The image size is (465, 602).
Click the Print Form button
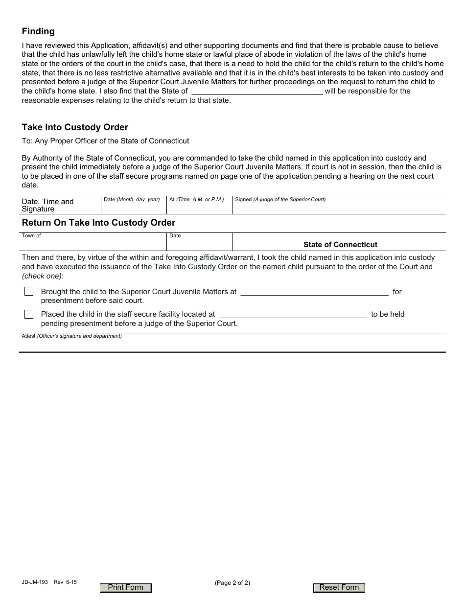coord(126,588)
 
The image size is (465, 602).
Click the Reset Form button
coord(339,588)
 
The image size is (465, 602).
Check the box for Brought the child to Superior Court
coord(29,292)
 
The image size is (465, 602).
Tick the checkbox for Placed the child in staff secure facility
coord(29,314)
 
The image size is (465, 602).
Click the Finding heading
coord(38,31)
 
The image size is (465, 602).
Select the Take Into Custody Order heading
coord(75,127)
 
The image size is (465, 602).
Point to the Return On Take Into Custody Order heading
coord(98,223)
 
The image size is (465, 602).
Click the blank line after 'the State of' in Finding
coord(257,91)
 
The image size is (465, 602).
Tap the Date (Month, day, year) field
coord(134,208)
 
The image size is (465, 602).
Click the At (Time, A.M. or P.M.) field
coord(199,208)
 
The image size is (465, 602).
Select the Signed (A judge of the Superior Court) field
coord(339,208)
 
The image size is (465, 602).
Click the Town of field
coord(93,244)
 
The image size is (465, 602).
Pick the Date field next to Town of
coord(199,244)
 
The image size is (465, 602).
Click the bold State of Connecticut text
coord(340,245)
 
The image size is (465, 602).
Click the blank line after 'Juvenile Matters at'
coord(315,292)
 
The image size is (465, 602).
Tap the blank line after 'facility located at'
coord(293,314)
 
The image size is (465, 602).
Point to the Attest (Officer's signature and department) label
coord(72,336)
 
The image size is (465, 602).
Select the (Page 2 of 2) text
coord(232,583)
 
